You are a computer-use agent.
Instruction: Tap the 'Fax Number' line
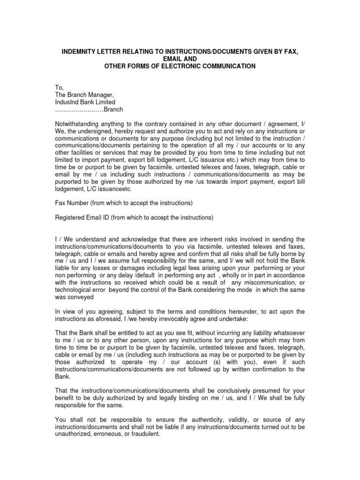[124, 203]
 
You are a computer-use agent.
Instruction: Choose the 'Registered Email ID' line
[134, 217]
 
